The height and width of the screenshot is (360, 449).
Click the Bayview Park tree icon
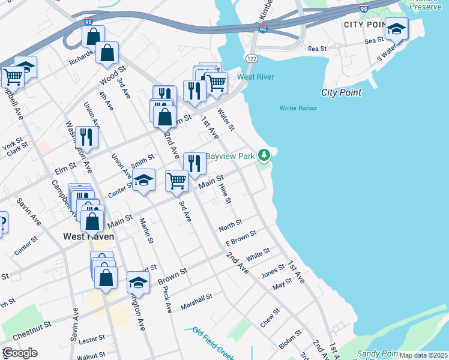click(264, 155)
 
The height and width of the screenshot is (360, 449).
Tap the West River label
click(256, 77)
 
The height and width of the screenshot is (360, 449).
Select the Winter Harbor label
click(298, 108)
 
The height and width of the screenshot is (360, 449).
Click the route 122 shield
click(251, 57)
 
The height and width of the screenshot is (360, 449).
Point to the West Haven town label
click(89, 236)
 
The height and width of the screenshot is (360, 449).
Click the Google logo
click(20, 353)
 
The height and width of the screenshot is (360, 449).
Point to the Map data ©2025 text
click(423, 355)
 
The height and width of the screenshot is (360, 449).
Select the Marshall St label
click(197, 301)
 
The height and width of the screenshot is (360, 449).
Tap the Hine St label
click(225, 193)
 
